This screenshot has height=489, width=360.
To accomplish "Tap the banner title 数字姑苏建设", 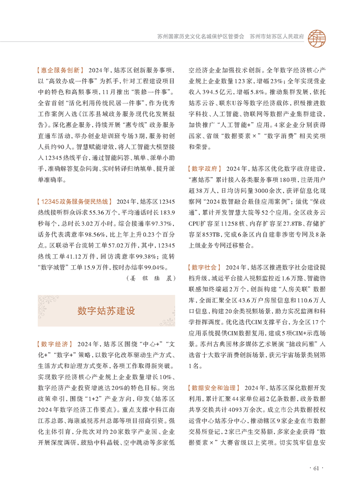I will [x=106, y=311].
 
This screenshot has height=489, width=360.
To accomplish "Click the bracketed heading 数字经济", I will [x=54, y=343].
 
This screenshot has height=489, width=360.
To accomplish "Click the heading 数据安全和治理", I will [x=213, y=388].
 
